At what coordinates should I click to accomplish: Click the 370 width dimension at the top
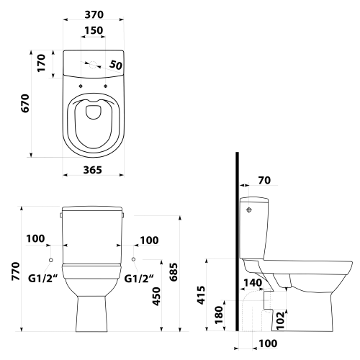[x=94, y=14]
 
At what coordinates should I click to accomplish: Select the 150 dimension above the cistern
[x=94, y=30]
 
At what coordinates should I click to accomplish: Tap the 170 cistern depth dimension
[x=41, y=63]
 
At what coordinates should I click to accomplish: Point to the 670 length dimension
[x=25, y=103]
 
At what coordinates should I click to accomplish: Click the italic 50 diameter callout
[x=116, y=65]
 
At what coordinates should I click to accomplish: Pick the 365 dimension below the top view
[x=93, y=170]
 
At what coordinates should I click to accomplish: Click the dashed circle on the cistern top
[x=93, y=65]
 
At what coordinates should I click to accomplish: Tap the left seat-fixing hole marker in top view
[x=81, y=86]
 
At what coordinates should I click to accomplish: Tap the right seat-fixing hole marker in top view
[x=105, y=86]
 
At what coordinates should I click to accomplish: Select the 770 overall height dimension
[x=16, y=271]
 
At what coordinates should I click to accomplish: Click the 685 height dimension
[x=174, y=272]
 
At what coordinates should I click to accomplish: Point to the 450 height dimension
[x=156, y=297]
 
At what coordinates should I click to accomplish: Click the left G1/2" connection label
[x=43, y=279]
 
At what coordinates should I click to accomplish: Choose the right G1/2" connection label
[x=139, y=279]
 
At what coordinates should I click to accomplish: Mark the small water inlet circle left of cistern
[x=50, y=260]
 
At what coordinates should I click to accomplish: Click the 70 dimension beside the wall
[x=264, y=180]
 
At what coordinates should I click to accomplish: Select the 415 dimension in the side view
[x=201, y=295]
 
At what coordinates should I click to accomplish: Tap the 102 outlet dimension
[x=280, y=320]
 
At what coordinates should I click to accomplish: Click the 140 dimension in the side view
[x=253, y=283]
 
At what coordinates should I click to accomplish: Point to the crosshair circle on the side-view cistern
[x=249, y=210]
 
